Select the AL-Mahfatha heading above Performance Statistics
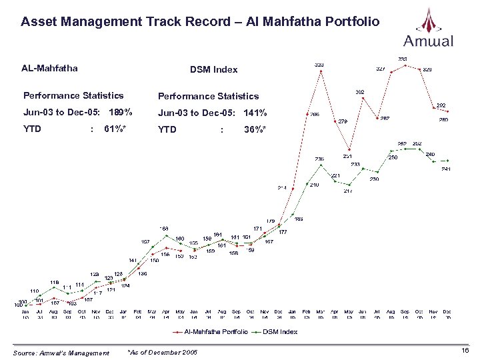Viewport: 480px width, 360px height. point(49,68)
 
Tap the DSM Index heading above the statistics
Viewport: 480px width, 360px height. point(213,69)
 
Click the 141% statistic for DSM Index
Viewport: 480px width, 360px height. point(255,113)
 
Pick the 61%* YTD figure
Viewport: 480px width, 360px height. point(118,129)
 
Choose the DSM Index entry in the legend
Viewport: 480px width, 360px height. point(279,331)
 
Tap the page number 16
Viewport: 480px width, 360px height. point(465,350)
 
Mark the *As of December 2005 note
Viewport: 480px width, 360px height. point(162,352)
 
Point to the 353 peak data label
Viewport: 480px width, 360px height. point(403,59)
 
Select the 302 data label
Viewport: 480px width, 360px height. point(359,92)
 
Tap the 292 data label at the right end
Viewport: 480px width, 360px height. point(441,105)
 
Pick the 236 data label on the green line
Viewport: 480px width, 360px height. point(319,159)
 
